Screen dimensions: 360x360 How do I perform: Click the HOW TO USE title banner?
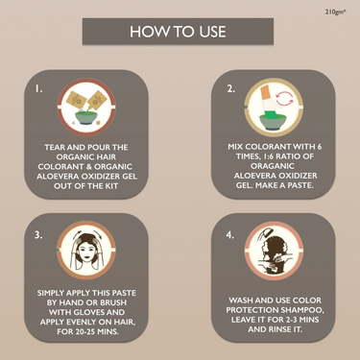[178, 32]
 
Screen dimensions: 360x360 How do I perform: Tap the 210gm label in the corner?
[336, 12]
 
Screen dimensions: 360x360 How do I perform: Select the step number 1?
[38, 89]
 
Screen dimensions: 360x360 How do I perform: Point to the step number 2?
[230, 89]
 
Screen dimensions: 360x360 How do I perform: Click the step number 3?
[38, 235]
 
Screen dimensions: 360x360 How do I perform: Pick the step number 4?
[230, 235]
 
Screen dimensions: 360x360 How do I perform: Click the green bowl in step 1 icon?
[85, 118]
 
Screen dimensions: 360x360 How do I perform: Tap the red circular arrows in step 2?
[284, 98]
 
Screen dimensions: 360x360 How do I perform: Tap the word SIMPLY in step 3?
[49, 293]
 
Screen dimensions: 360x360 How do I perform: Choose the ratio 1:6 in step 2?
[272, 156]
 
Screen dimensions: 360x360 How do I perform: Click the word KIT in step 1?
[112, 186]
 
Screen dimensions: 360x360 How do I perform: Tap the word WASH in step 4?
[241, 300]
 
